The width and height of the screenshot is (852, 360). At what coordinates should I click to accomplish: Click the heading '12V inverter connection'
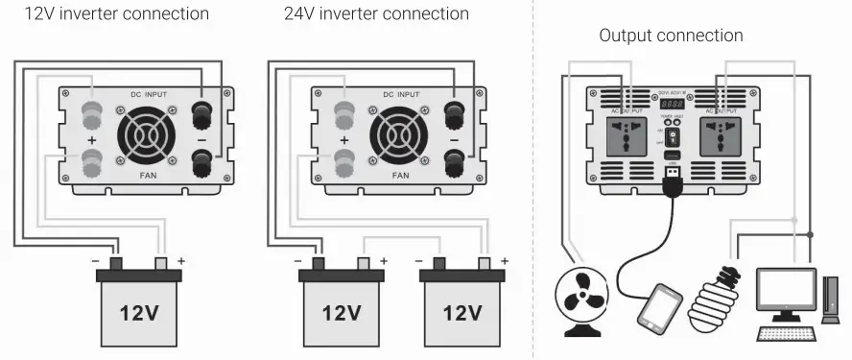(116, 14)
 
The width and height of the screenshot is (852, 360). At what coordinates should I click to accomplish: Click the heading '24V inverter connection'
(377, 14)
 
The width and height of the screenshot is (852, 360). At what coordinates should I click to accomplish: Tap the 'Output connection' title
(671, 36)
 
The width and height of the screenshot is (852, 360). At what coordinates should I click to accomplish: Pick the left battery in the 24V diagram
(341, 308)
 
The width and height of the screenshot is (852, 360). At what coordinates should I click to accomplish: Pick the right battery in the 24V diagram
(462, 308)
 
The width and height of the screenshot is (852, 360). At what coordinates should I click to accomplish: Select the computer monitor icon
(786, 294)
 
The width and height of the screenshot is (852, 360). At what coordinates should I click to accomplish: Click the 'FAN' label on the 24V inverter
(400, 177)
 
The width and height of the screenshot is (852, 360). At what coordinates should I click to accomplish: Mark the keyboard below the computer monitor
(786, 333)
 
